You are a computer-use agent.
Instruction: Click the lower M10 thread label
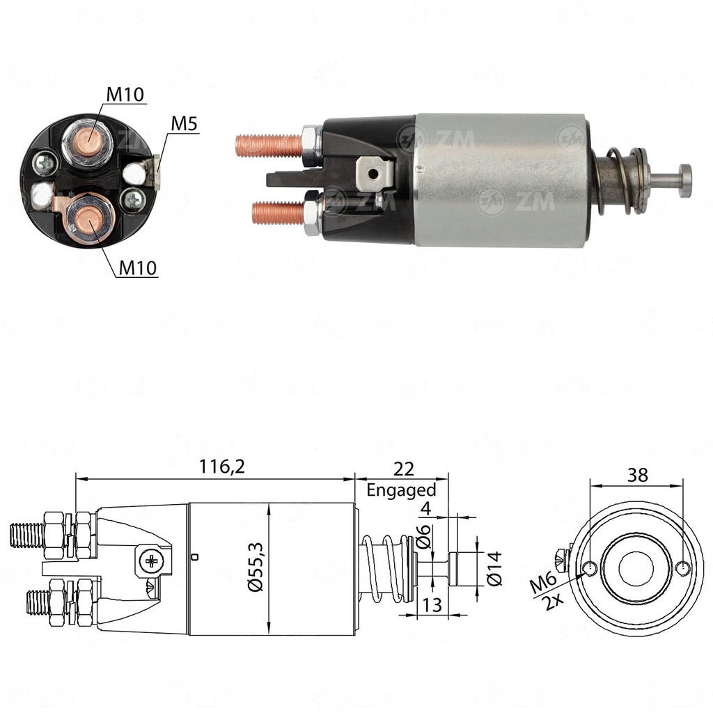pyautogui.click(x=136, y=267)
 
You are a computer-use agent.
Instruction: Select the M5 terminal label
pyautogui.click(x=185, y=124)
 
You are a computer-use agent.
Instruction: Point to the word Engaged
pyautogui.click(x=401, y=489)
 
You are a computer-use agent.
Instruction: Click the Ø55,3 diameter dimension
pyautogui.click(x=256, y=569)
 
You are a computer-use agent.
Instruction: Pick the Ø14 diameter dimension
pyautogui.click(x=494, y=569)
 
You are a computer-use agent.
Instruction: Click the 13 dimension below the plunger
pyautogui.click(x=432, y=605)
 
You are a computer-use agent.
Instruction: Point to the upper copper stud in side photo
pyautogui.click(x=267, y=145)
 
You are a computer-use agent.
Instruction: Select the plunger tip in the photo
pyautogui.click(x=684, y=180)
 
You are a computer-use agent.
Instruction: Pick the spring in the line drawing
pyautogui.click(x=386, y=567)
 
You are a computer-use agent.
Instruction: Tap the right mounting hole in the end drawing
pyautogui.click(x=684, y=568)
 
